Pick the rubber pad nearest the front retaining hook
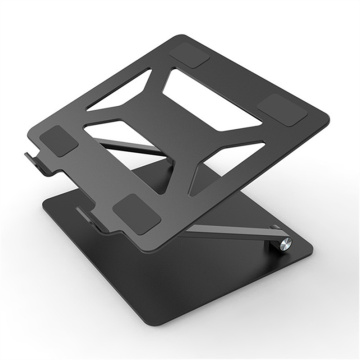132,211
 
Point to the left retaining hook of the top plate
27,158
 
